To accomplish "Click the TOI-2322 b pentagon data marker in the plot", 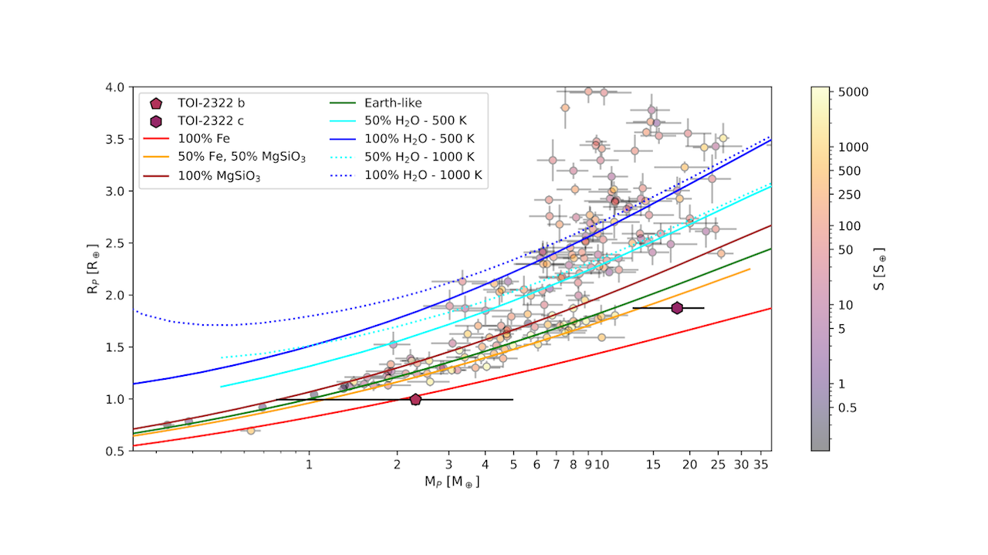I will tap(415, 399).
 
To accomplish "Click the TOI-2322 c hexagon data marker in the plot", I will tap(677, 308).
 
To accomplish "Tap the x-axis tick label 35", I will tap(762, 465).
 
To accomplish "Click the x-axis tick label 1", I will tap(309, 465).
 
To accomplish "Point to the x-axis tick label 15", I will tap(653, 465).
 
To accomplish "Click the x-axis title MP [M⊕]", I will tap(452, 482).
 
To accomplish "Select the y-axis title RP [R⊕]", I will tap(93, 269).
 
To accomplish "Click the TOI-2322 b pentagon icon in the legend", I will tap(156, 103).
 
